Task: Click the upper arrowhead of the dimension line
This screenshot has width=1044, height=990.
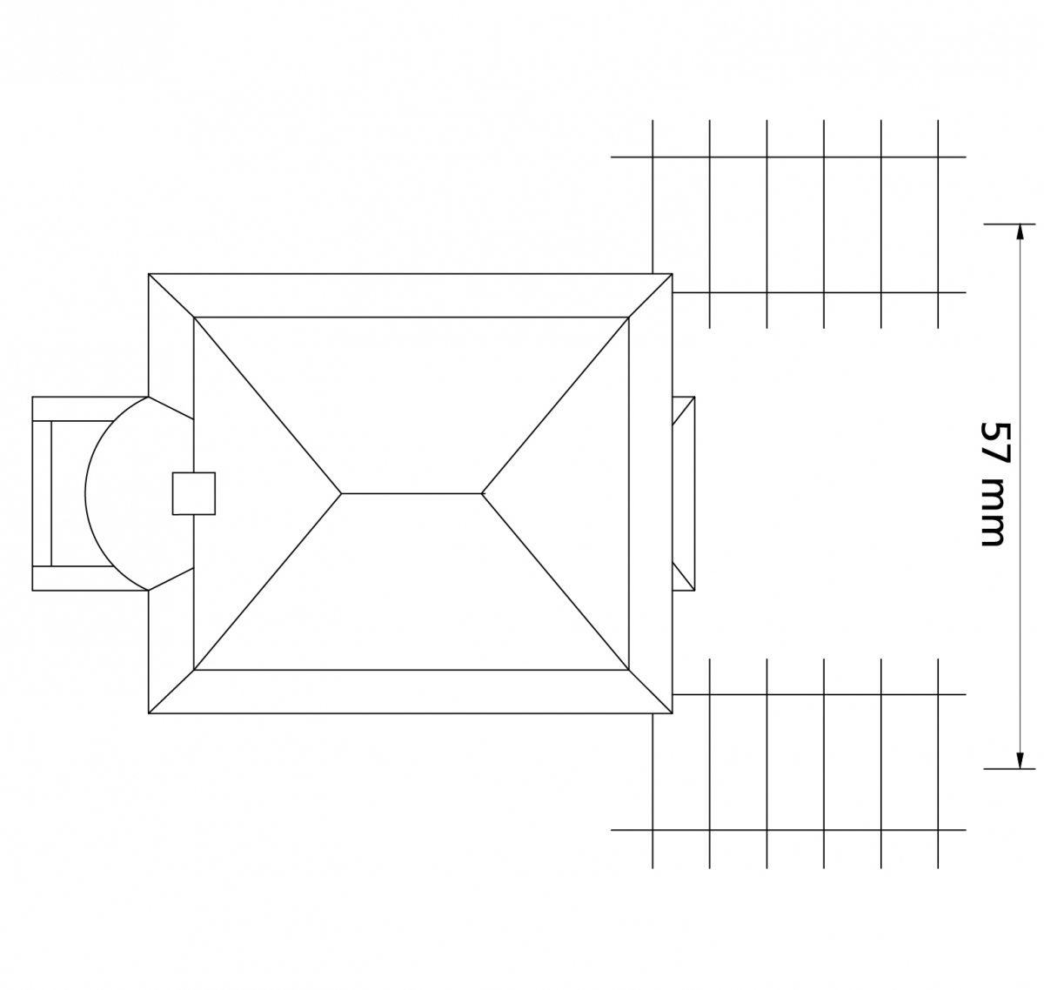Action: point(1021,231)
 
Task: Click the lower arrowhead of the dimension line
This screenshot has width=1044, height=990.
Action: point(1021,761)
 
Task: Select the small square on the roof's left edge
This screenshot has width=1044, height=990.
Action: point(194,493)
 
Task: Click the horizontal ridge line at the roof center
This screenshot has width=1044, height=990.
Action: point(412,494)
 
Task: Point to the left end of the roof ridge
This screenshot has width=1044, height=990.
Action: point(341,494)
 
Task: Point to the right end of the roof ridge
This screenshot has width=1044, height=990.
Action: point(482,494)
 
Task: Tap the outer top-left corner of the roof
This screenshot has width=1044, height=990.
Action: point(149,274)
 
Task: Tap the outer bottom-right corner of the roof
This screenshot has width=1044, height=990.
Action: point(673,713)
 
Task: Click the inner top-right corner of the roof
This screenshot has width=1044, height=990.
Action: point(629,318)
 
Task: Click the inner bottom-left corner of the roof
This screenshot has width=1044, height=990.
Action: point(194,670)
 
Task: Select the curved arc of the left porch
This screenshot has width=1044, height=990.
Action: point(85,493)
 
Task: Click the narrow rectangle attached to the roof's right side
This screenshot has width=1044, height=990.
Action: point(684,493)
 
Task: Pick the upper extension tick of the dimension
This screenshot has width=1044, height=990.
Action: point(1009,224)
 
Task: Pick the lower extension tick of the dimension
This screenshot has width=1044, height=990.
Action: point(1009,768)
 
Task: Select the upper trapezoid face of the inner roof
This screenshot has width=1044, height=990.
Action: point(412,393)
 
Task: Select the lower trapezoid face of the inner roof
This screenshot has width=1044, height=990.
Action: point(412,595)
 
